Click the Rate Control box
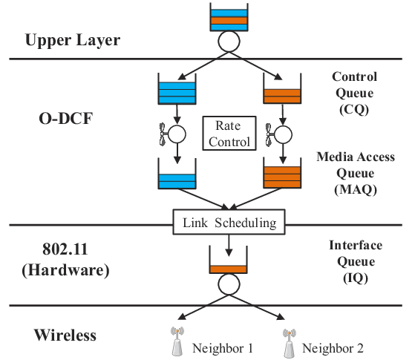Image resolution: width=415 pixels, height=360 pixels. pos(229,134)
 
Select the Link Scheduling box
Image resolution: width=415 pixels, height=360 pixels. pos(229,222)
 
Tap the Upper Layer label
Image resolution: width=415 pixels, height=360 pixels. pos(73,41)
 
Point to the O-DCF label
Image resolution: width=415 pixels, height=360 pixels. pos(66,118)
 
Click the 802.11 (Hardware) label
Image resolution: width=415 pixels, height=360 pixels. pos(65,260)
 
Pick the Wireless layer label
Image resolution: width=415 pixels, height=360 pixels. pos(65,335)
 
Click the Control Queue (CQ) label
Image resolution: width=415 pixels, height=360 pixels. pos(354,94)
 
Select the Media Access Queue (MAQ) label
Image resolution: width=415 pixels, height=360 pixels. pos(356,174)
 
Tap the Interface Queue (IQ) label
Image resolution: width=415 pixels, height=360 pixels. pos(356,261)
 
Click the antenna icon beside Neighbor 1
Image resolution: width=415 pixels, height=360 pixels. pos(177,341)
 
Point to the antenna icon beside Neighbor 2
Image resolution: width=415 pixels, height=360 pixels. pos(290,343)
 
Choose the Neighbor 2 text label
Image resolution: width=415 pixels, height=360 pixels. pos(333,348)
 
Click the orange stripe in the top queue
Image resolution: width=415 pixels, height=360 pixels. pos(229,21)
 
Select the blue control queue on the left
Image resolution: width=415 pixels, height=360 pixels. pos(177,89)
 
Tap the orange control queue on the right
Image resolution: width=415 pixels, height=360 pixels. pos(282,88)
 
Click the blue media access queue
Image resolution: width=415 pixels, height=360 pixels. pos(177,174)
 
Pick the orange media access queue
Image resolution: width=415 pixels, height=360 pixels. pos(282,173)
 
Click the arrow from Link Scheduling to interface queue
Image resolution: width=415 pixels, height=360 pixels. pos(229,246)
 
